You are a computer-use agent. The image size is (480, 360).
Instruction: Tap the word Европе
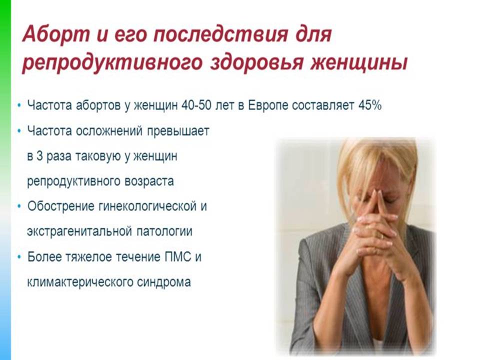coord(268,106)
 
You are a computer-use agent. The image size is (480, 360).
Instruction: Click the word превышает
coord(178,131)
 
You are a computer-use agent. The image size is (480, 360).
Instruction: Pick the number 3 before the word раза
coord(39,156)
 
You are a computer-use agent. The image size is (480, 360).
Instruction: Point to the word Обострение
coord(60,206)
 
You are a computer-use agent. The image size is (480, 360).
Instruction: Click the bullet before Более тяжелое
coord(19,257)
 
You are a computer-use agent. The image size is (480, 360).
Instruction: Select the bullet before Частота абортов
coord(19,105)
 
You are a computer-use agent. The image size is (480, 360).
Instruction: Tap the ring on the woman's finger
coord(381,235)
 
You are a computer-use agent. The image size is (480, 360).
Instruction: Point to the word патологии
coord(164,231)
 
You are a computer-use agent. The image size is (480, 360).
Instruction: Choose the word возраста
coord(149,181)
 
